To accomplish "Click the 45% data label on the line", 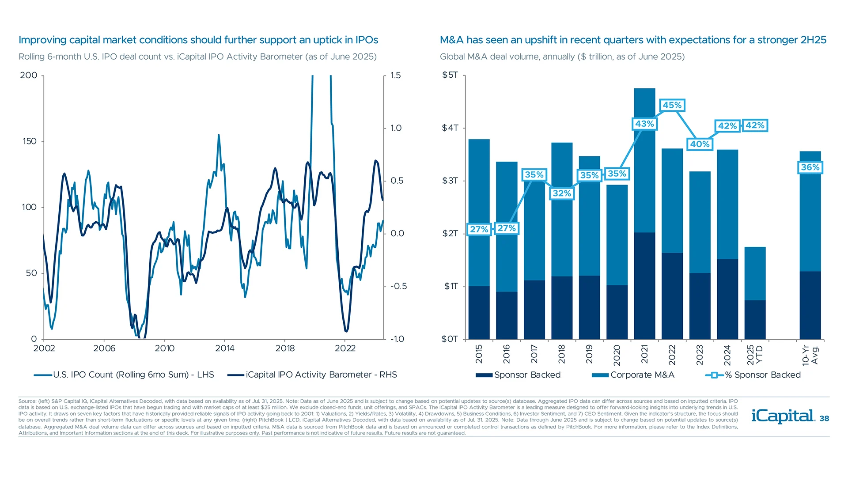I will (x=672, y=105).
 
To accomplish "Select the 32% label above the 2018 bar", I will (x=562, y=193).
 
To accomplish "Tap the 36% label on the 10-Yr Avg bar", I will (x=810, y=167).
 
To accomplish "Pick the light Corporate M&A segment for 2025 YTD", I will (x=755, y=273).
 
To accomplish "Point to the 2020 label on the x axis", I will (x=617, y=355).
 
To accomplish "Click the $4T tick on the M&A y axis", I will (x=450, y=128).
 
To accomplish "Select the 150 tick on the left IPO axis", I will (x=30, y=141).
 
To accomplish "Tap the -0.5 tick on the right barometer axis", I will (x=398, y=286).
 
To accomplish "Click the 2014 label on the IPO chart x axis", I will (x=225, y=348).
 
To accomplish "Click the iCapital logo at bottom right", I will (x=783, y=416).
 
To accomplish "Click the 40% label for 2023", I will (x=700, y=144).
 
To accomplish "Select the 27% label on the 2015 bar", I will (x=479, y=229).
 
